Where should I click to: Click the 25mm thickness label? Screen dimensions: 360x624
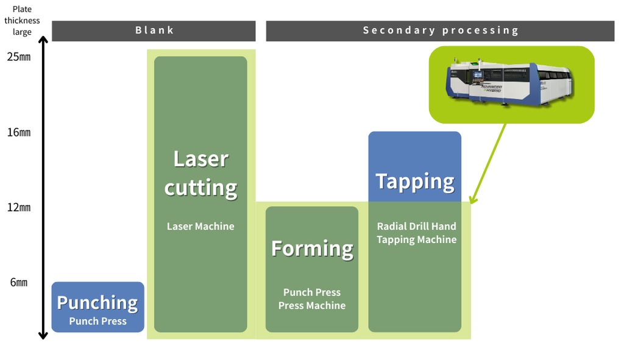point(19,57)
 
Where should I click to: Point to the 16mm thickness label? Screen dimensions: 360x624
point(19,132)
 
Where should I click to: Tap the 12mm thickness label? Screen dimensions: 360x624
point(19,207)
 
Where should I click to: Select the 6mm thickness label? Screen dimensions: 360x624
point(19,283)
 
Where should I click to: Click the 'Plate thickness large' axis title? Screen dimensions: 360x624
point(22,21)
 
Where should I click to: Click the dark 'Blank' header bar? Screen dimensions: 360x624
point(154,30)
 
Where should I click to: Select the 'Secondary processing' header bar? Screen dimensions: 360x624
point(440,30)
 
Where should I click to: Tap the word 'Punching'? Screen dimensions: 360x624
point(97,302)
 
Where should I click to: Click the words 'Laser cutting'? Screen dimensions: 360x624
point(200,173)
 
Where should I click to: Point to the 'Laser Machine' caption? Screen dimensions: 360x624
point(200,226)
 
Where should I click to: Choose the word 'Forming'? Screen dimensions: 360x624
point(312,249)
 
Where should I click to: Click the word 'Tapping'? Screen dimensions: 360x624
point(415,181)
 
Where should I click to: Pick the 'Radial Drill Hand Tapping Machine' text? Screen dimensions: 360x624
point(416,233)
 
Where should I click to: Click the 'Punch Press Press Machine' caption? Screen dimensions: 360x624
point(312,298)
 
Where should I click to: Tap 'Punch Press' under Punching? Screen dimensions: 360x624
point(97,321)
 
